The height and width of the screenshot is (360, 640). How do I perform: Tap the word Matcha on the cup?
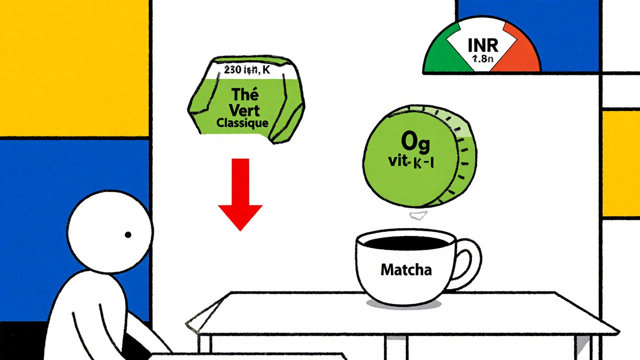point(406,270)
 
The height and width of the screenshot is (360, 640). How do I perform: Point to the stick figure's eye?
point(128,234)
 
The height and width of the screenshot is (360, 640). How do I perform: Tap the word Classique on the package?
point(242,123)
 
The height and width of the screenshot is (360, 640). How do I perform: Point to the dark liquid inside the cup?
point(406,243)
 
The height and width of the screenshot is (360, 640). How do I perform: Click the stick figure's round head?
point(110,230)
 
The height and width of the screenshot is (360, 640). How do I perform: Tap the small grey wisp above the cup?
point(418,215)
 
